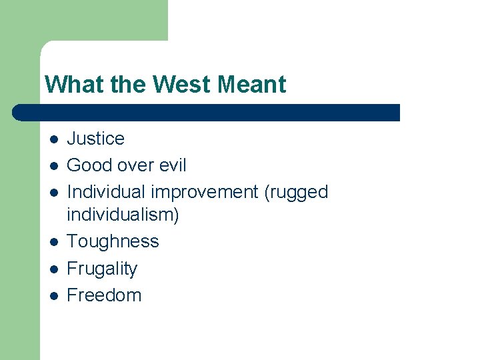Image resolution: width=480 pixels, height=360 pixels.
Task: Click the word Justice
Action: tap(96, 139)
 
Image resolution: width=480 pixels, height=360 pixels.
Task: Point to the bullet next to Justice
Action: tap(53, 139)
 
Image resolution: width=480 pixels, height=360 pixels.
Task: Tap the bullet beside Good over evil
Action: tap(53, 166)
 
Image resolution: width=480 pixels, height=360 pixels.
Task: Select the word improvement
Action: tap(205, 192)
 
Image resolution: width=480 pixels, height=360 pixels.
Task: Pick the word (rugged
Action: tap(296, 192)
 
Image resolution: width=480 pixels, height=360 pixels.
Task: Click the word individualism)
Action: tap(123, 215)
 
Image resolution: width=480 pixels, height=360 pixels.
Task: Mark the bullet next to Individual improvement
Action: tap(53, 193)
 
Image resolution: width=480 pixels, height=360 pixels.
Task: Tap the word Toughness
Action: tap(113, 241)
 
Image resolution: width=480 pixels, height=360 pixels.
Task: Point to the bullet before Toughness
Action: tap(53, 242)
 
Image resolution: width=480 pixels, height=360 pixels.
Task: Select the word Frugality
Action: tap(102, 269)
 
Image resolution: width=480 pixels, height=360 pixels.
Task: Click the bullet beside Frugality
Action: tap(53, 269)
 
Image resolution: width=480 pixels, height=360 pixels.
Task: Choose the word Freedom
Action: tap(104, 295)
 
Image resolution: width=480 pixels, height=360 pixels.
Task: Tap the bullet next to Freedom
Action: tap(53, 296)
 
